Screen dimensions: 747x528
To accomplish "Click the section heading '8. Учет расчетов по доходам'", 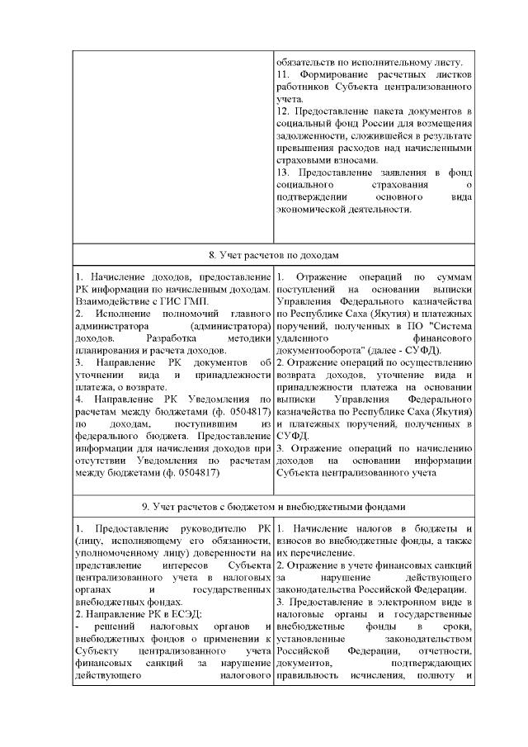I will point(273,254).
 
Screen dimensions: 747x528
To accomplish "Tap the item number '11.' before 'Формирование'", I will point(283,76).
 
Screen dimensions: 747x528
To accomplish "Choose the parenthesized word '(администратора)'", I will point(230,326).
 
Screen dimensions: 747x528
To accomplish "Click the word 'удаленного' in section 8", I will point(304,338).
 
